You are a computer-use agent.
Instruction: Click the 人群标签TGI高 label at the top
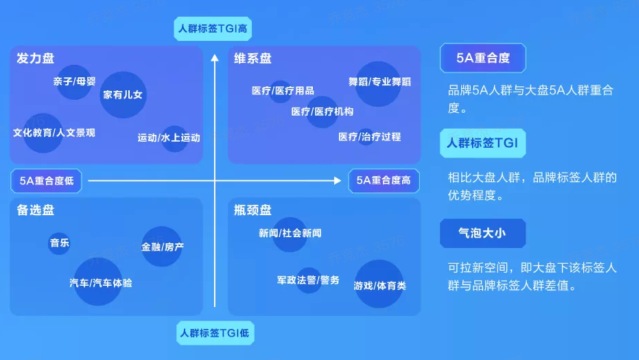coord(213,28)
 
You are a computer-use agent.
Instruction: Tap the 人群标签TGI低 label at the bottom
coord(215,333)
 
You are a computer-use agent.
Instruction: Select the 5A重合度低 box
coord(47,181)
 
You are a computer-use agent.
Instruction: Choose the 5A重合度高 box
coord(384,181)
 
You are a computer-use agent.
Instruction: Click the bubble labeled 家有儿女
coord(123,95)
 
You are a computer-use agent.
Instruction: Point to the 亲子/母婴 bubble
coord(74,82)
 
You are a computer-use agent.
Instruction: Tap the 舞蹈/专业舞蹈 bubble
coord(378,83)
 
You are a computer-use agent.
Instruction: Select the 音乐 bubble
coord(59,243)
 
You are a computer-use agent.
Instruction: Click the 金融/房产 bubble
coord(162,246)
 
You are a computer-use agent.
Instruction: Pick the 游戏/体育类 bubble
coord(379,284)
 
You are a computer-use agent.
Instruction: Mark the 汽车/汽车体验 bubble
coord(98,281)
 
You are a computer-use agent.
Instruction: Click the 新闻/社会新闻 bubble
coord(290,234)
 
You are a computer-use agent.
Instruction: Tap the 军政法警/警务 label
coord(308,280)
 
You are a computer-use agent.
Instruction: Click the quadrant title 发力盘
coord(35,58)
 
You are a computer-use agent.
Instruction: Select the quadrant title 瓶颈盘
coord(253,210)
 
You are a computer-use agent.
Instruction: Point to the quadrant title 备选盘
coord(35,210)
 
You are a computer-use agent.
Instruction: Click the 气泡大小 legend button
coord(483,233)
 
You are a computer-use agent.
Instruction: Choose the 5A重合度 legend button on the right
coord(483,58)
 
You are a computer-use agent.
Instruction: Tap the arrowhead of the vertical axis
coord(215,58)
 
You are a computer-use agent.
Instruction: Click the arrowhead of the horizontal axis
coord(337,181)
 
